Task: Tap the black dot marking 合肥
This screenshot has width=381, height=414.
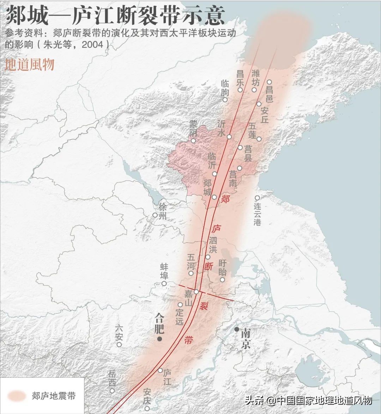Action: [160, 339]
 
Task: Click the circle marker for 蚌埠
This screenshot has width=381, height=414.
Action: [164, 283]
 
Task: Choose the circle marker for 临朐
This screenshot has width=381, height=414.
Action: [225, 100]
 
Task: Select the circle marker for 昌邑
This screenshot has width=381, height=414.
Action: [269, 82]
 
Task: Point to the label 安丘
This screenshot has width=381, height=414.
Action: [265, 115]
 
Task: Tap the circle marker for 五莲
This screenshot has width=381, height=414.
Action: [259, 139]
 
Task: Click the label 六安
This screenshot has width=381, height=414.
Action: [119, 333]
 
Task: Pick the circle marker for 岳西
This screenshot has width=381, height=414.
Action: [112, 390]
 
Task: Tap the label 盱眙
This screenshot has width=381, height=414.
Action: [223, 268]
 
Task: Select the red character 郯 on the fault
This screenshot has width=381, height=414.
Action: [225, 199]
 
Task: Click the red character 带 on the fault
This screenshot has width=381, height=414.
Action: [189, 340]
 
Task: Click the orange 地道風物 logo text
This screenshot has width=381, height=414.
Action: [30, 65]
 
